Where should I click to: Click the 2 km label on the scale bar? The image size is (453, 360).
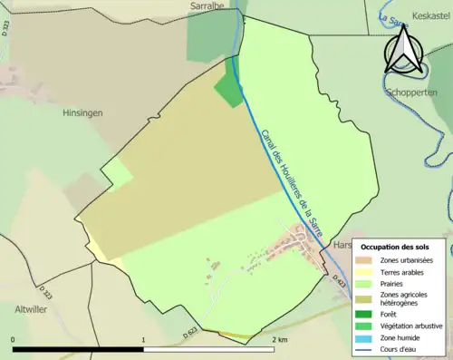(279, 340)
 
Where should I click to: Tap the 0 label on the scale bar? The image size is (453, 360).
(14, 340)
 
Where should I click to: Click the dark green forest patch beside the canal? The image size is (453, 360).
(228, 88)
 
